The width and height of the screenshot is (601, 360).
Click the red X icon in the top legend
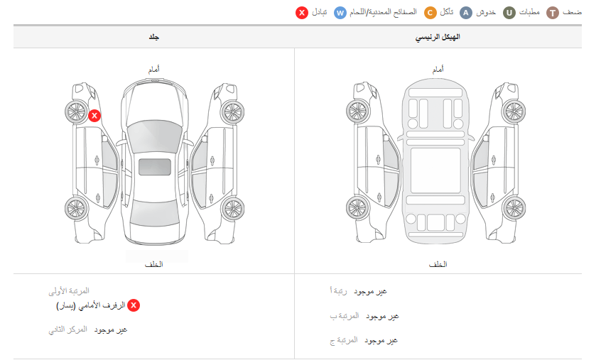click(x=302, y=13)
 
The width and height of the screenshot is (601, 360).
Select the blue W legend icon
click(x=341, y=13)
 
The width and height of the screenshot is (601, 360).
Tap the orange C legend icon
click(x=431, y=13)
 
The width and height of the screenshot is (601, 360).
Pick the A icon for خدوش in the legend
click(x=466, y=13)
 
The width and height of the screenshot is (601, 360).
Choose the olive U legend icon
click(x=509, y=13)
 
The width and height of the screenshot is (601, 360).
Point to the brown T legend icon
click(x=553, y=13)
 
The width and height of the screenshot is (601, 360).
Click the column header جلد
click(x=154, y=37)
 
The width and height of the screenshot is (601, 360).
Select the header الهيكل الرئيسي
click(x=438, y=37)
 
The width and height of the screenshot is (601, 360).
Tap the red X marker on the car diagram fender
click(x=94, y=116)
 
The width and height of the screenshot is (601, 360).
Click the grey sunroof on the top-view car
click(x=154, y=167)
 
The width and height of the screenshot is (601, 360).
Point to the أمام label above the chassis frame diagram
click(x=438, y=70)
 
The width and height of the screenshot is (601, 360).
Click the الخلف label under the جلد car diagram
click(x=153, y=264)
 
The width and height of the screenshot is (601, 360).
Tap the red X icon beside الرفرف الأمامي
click(x=134, y=305)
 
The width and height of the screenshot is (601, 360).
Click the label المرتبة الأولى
click(x=69, y=291)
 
